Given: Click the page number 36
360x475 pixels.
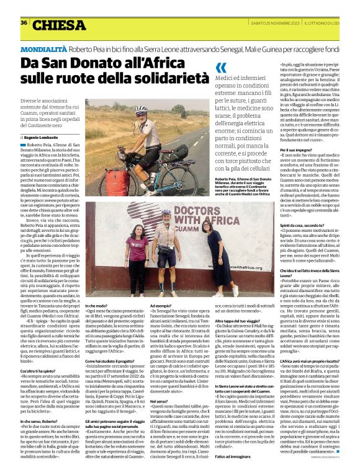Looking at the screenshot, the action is click(x=24, y=23).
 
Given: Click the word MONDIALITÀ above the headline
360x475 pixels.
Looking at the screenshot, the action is click(x=43, y=48).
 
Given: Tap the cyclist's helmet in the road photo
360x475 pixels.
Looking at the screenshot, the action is click(x=141, y=110).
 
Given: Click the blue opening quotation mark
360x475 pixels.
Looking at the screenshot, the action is click(x=221, y=69).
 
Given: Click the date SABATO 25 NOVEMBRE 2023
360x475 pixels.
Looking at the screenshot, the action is click(x=268, y=23).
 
